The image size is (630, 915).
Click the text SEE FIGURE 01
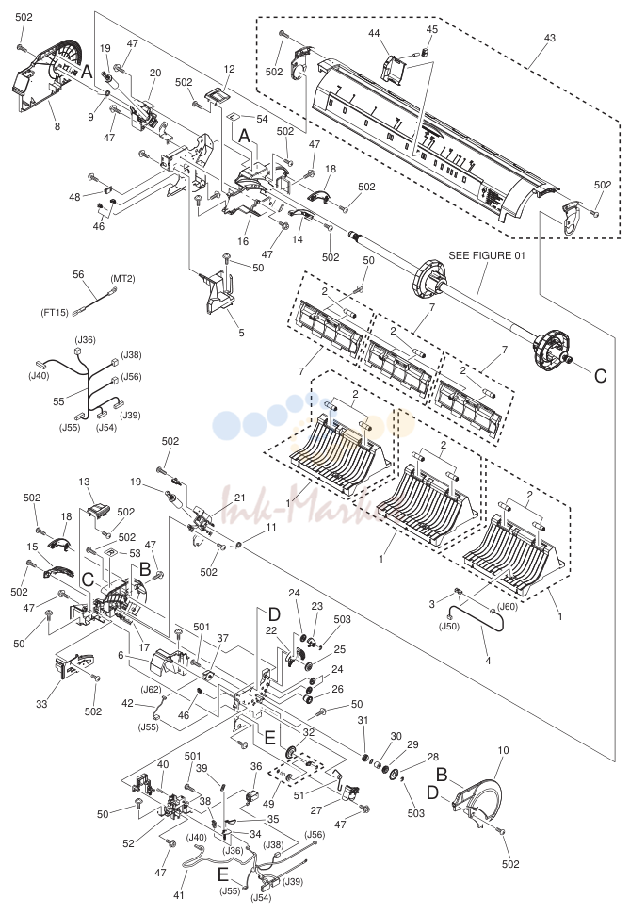pyautogui.click(x=487, y=255)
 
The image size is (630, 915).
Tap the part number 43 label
pyautogui.click(x=550, y=38)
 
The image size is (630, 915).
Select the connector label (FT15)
pyautogui.click(x=55, y=312)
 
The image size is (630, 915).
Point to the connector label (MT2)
pyautogui.click(x=122, y=279)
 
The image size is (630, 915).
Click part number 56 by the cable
pyautogui.click(x=78, y=274)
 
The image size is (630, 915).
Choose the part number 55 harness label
pyautogui.click(x=58, y=401)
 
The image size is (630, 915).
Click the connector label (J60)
pyautogui.click(x=507, y=606)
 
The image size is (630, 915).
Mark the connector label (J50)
pyautogui.click(x=449, y=626)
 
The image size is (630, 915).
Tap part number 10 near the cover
pyautogui.click(x=503, y=750)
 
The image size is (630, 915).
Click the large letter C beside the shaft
pyautogui.click(x=600, y=376)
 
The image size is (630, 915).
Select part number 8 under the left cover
pyautogui.click(x=57, y=126)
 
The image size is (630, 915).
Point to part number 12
pyautogui.click(x=229, y=69)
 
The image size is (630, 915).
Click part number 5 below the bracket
pyautogui.click(x=241, y=334)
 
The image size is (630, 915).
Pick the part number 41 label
pyautogui.click(x=179, y=895)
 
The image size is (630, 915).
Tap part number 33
pyautogui.click(x=41, y=704)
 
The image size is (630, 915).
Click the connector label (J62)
pyautogui.click(x=151, y=689)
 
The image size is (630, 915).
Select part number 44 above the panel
pyautogui.click(x=374, y=34)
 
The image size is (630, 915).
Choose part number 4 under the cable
pyautogui.click(x=488, y=662)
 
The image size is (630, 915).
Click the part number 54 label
pyautogui.click(x=262, y=119)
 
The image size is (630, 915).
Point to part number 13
pyautogui.click(x=84, y=482)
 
